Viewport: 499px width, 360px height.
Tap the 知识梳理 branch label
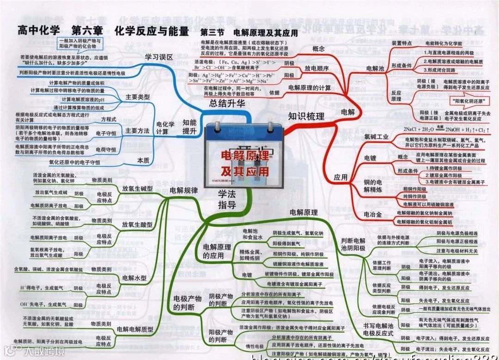(306, 116)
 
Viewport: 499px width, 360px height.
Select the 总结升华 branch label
(227, 103)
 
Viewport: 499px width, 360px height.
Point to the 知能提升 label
(189, 127)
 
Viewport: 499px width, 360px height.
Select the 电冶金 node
(373, 214)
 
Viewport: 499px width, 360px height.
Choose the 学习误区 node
(158, 57)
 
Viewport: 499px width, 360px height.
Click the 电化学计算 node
(165, 127)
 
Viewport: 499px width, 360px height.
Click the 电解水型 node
(134, 278)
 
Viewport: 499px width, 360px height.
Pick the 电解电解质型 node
(134, 329)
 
